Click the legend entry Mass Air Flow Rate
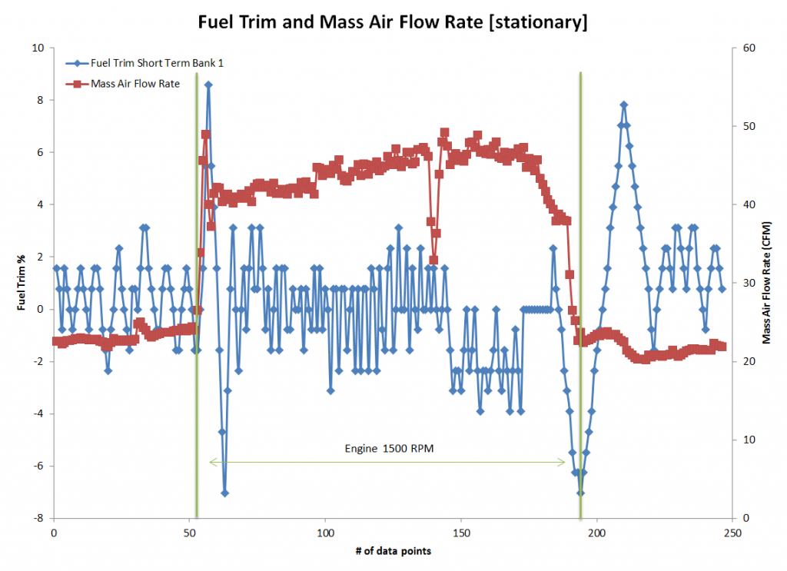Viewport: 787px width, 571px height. [x=134, y=84]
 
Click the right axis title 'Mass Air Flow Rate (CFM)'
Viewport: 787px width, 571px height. [x=766, y=282]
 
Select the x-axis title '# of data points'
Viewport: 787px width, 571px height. [x=393, y=550]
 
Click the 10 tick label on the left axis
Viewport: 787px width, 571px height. [x=38, y=48]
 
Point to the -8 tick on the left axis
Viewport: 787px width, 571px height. [x=38, y=518]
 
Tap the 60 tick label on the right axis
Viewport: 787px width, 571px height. [x=746, y=48]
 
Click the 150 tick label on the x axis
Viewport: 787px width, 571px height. [x=460, y=532]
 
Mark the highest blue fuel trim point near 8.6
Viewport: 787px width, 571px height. [x=208, y=85]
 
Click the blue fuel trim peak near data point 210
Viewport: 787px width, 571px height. [x=624, y=105]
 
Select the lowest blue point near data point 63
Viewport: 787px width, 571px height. [x=225, y=493]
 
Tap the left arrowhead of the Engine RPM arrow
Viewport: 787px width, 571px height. [x=212, y=462]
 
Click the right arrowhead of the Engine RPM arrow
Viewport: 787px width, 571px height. [x=564, y=462]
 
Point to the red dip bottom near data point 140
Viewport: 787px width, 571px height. [x=433, y=260]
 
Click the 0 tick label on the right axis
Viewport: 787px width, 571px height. [x=743, y=518]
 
